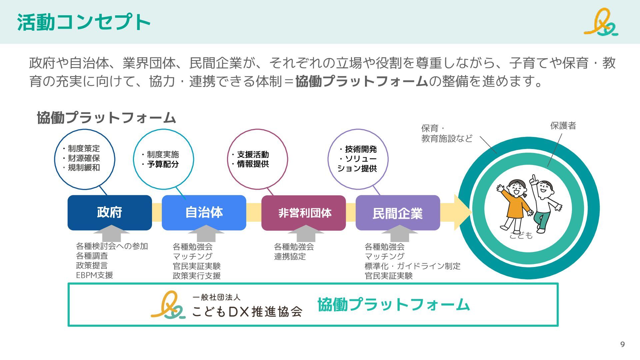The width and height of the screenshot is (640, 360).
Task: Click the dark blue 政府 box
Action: point(109,212)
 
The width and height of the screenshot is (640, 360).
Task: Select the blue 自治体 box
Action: point(204,212)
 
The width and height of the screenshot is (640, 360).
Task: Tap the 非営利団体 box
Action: point(304,213)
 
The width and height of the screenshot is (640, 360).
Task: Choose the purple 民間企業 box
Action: point(398,213)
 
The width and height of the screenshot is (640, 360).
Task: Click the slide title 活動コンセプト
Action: point(84,22)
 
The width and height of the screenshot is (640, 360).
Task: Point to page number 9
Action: point(622,344)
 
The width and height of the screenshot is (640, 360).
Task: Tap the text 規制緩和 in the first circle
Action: point(84,168)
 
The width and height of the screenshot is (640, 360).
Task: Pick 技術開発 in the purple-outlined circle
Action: point(361,149)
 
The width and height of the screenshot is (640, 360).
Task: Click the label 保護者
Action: point(563,126)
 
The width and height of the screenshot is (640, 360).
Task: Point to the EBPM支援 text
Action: point(95,275)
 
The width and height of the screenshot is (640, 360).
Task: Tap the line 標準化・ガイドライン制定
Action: point(412,266)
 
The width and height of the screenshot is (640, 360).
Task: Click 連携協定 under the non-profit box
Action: point(290,257)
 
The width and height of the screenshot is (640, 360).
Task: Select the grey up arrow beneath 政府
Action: point(111,233)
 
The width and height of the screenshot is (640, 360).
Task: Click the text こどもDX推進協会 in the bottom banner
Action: point(247,311)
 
